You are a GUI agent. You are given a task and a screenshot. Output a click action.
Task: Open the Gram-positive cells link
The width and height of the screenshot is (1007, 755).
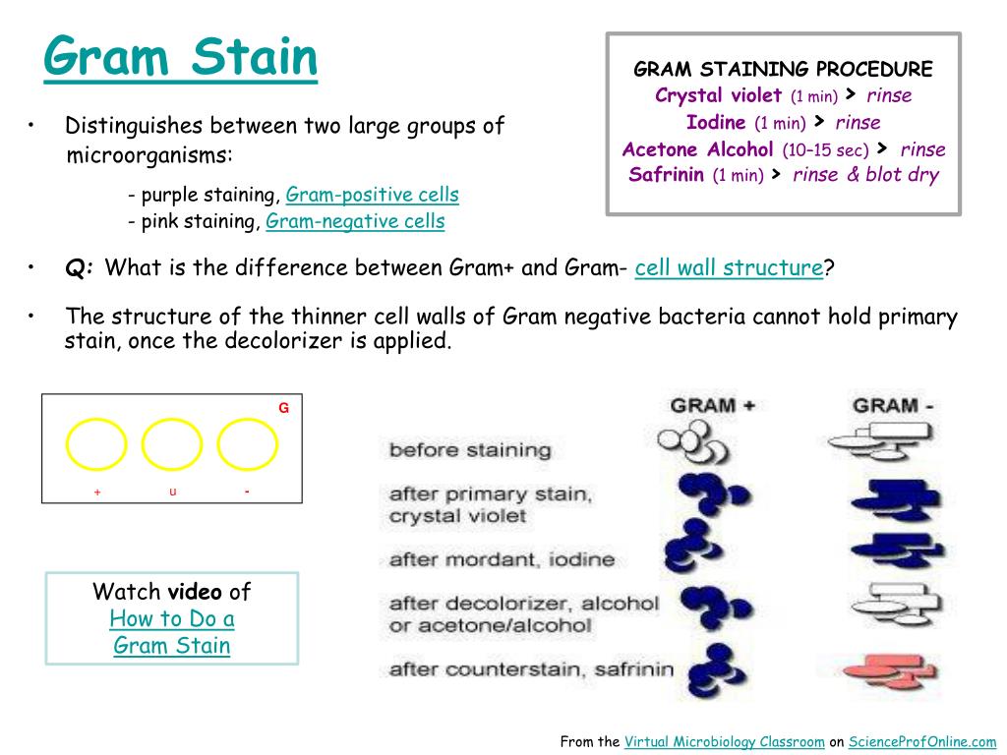click(x=372, y=195)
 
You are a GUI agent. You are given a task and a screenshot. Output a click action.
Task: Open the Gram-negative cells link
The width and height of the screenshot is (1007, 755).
click(x=355, y=221)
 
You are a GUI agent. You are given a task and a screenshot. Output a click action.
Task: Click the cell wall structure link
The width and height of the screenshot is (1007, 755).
click(x=729, y=267)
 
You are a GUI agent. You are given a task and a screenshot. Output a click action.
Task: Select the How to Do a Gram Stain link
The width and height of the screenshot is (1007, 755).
click(x=171, y=632)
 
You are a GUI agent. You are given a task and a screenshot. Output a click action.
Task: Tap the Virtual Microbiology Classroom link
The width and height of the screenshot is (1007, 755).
click(x=725, y=741)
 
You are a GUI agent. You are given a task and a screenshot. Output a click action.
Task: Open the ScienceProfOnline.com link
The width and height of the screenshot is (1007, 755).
click(x=922, y=741)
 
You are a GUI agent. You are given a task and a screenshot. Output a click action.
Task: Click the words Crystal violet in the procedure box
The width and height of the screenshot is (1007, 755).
click(x=718, y=95)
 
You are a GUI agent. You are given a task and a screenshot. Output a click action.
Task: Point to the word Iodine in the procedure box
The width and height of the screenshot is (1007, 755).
click(x=716, y=122)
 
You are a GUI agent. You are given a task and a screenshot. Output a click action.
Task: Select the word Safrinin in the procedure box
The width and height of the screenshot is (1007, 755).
click(x=666, y=175)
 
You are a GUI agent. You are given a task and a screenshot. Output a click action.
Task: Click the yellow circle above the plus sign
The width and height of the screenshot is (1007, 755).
click(x=96, y=444)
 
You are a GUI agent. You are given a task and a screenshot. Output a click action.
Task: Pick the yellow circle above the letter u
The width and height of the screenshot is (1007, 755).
click(x=172, y=444)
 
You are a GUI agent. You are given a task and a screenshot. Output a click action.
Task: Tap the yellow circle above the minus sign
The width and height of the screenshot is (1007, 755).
click(x=247, y=444)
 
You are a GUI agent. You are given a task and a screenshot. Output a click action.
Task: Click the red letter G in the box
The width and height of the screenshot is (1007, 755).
click(x=284, y=408)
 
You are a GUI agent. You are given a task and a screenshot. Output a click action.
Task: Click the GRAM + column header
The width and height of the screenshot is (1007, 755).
click(x=713, y=406)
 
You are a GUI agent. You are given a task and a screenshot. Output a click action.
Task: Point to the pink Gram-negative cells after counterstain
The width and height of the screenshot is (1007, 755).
click(x=889, y=670)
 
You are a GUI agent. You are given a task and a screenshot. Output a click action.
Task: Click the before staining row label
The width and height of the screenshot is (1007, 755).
click(x=470, y=450)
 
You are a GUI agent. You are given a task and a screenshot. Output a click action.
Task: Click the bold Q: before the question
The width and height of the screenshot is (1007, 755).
click(x=79, y=267)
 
